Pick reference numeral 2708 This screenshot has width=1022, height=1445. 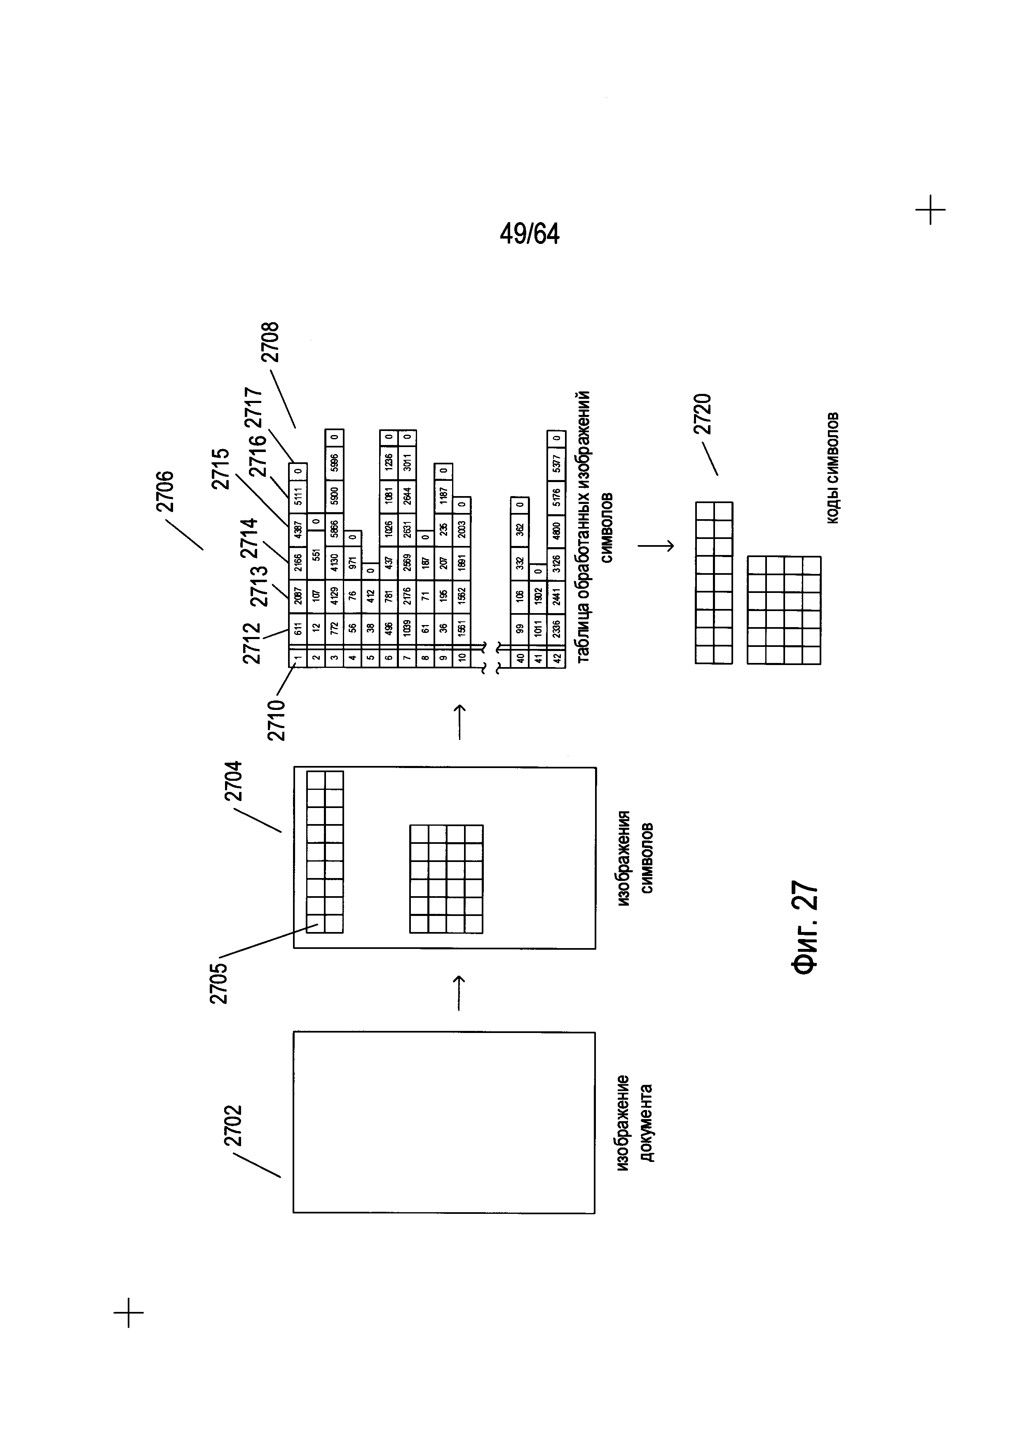271,342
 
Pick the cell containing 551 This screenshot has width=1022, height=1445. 316,554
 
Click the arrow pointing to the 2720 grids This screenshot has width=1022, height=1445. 655,546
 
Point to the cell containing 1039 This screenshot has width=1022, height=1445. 407,628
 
